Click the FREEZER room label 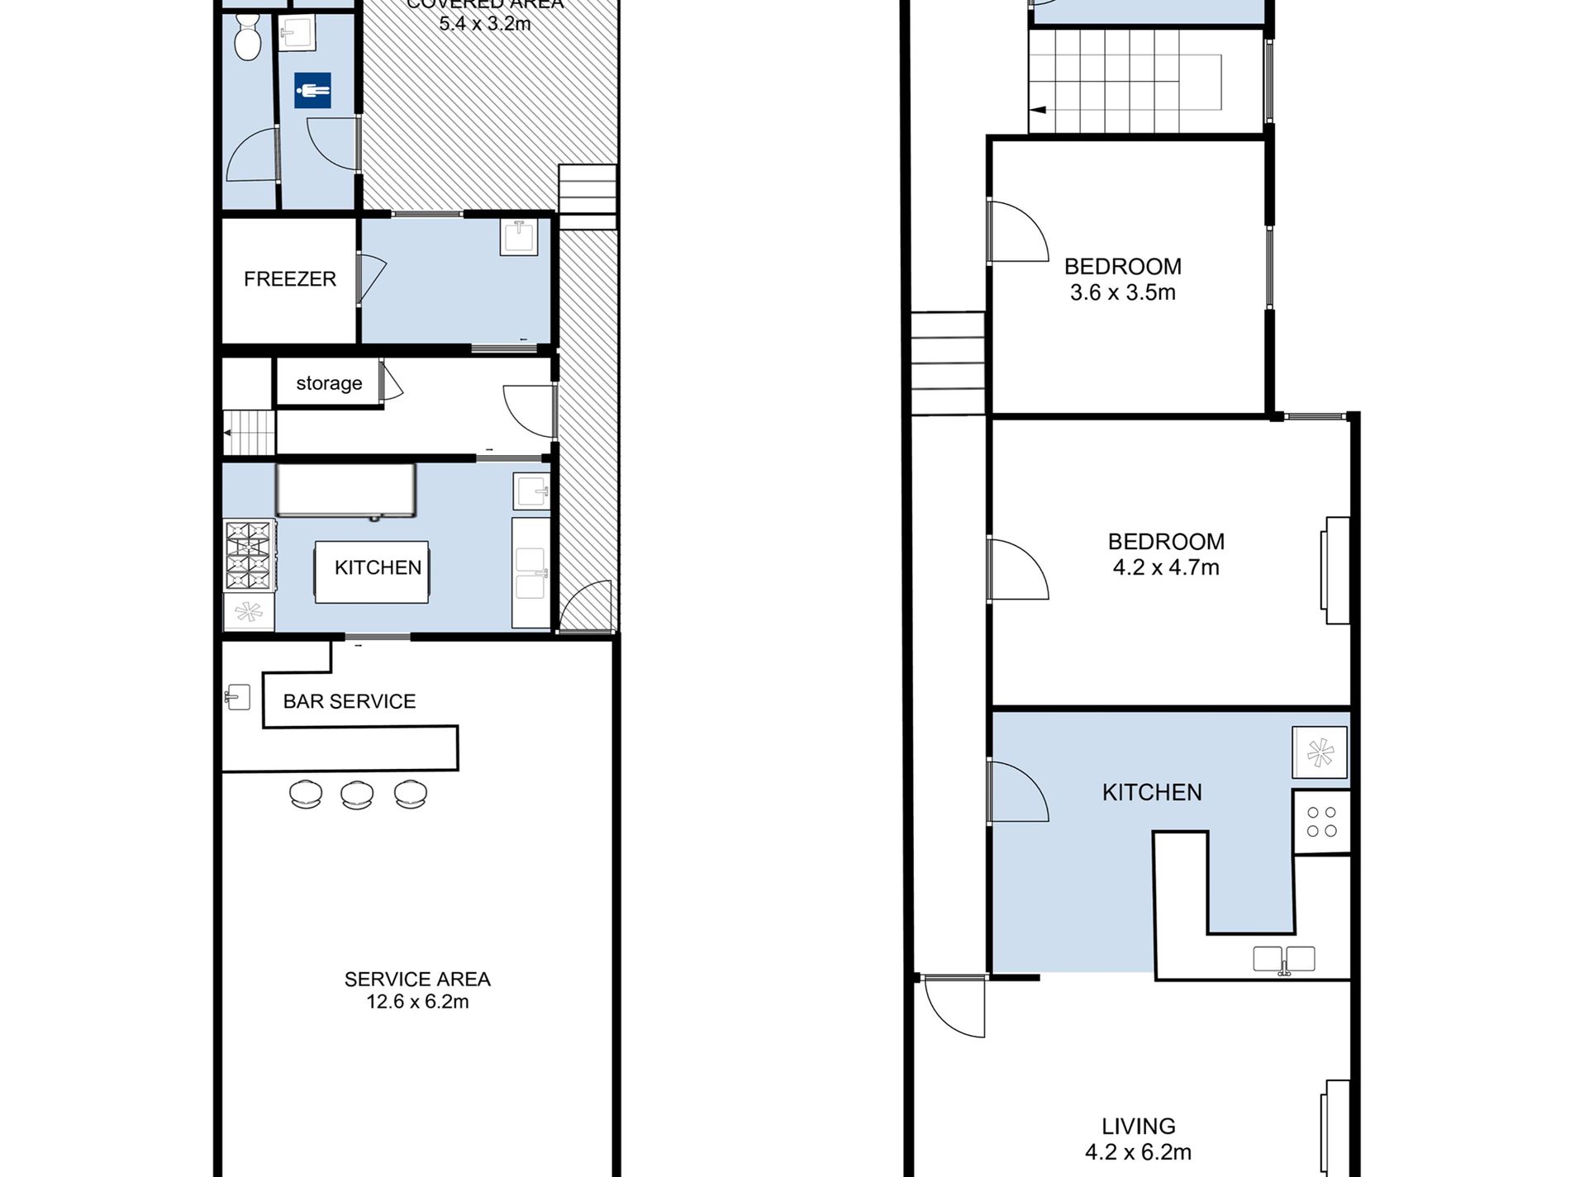click(x=289, y=279)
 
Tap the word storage click(x=329, y=383)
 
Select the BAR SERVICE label click(x=349, y=701)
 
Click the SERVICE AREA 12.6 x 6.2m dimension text click(x=417, y=1001)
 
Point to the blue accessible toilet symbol click(x=312, y=91)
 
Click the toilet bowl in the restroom click(x=247, y=38)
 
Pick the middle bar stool click(x=357, y=794)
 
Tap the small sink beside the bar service click(x=238, y=697)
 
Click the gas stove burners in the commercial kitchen click(x=249, y=554)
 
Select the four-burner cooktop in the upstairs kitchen click(x=1321, y=822)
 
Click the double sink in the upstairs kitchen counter click(x=1283, y=959)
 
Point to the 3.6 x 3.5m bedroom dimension click(x=1122, y=292)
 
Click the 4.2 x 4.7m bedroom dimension click(x=1165, y=567)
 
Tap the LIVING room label click(x=1138, y=1126)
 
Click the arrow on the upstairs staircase click(x=1038, y=110)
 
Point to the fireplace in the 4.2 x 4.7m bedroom click(x=1336, y=570)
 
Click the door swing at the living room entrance click(x=954, y=1007)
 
